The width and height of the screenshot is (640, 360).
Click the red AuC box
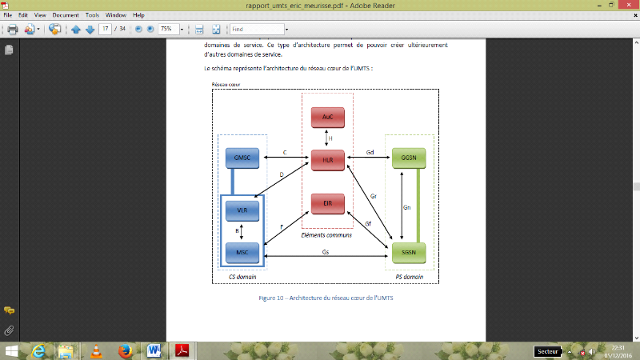tap(326, 118)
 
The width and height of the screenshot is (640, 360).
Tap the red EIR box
tap(326, 204)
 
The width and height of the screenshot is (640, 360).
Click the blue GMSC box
tap(242, 158)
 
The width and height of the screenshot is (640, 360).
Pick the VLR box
tap(242, 210)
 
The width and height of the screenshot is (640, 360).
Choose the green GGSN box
tap(409, 159)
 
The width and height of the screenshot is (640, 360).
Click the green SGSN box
tap(409, 253)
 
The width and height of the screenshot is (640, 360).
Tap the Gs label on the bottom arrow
tap(325, 251)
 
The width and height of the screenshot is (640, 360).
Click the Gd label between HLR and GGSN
tap(370, 152)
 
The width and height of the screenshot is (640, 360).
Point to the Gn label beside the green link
tap(407, 207)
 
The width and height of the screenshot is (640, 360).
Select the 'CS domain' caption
tap(242, 276)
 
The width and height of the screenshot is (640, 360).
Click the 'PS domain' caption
tap(410, 276)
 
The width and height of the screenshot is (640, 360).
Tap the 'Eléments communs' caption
tap(326, 235)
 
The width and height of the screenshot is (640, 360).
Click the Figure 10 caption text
tap(326, 298)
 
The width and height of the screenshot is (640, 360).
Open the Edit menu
tap(24, 15)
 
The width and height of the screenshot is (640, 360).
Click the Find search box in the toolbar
tap(256, 30)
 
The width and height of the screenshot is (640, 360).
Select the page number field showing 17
tap(105, 30)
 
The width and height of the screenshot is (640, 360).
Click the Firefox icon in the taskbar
tap(124, 350)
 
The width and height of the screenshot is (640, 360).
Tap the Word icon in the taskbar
tap(154, 350)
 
